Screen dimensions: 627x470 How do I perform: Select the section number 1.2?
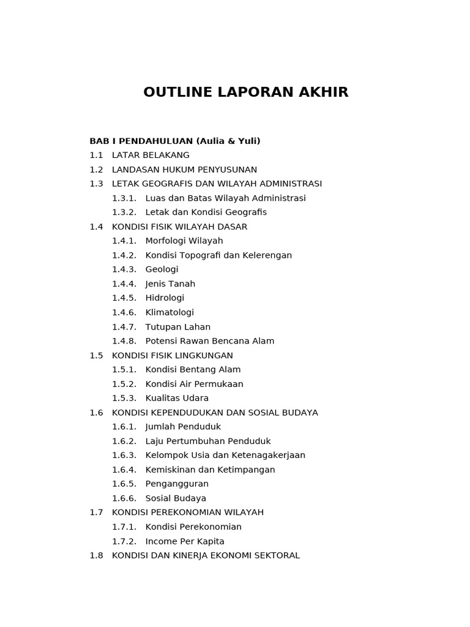pos(96,170)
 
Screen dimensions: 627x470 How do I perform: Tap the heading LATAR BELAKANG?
pos(151,156)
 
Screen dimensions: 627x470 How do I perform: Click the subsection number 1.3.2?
pos(124,212)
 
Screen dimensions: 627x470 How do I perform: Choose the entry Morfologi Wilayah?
pos(184,241)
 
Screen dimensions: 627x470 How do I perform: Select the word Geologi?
pos(162,269)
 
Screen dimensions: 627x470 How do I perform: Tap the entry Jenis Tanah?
pos(170,284)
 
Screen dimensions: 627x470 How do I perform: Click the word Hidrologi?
pos(165,298)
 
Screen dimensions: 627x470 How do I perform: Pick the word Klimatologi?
pos(170,312)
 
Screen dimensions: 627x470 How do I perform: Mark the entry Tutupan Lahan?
pos(177,327)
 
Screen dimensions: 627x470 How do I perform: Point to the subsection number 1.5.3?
pos(124,399)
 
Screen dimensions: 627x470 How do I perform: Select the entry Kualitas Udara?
pos(177,399)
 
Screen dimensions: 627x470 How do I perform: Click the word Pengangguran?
pos(177,484)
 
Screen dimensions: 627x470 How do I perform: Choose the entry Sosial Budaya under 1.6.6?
pos(176,498)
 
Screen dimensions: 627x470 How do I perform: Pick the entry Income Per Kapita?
pos(185,541)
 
